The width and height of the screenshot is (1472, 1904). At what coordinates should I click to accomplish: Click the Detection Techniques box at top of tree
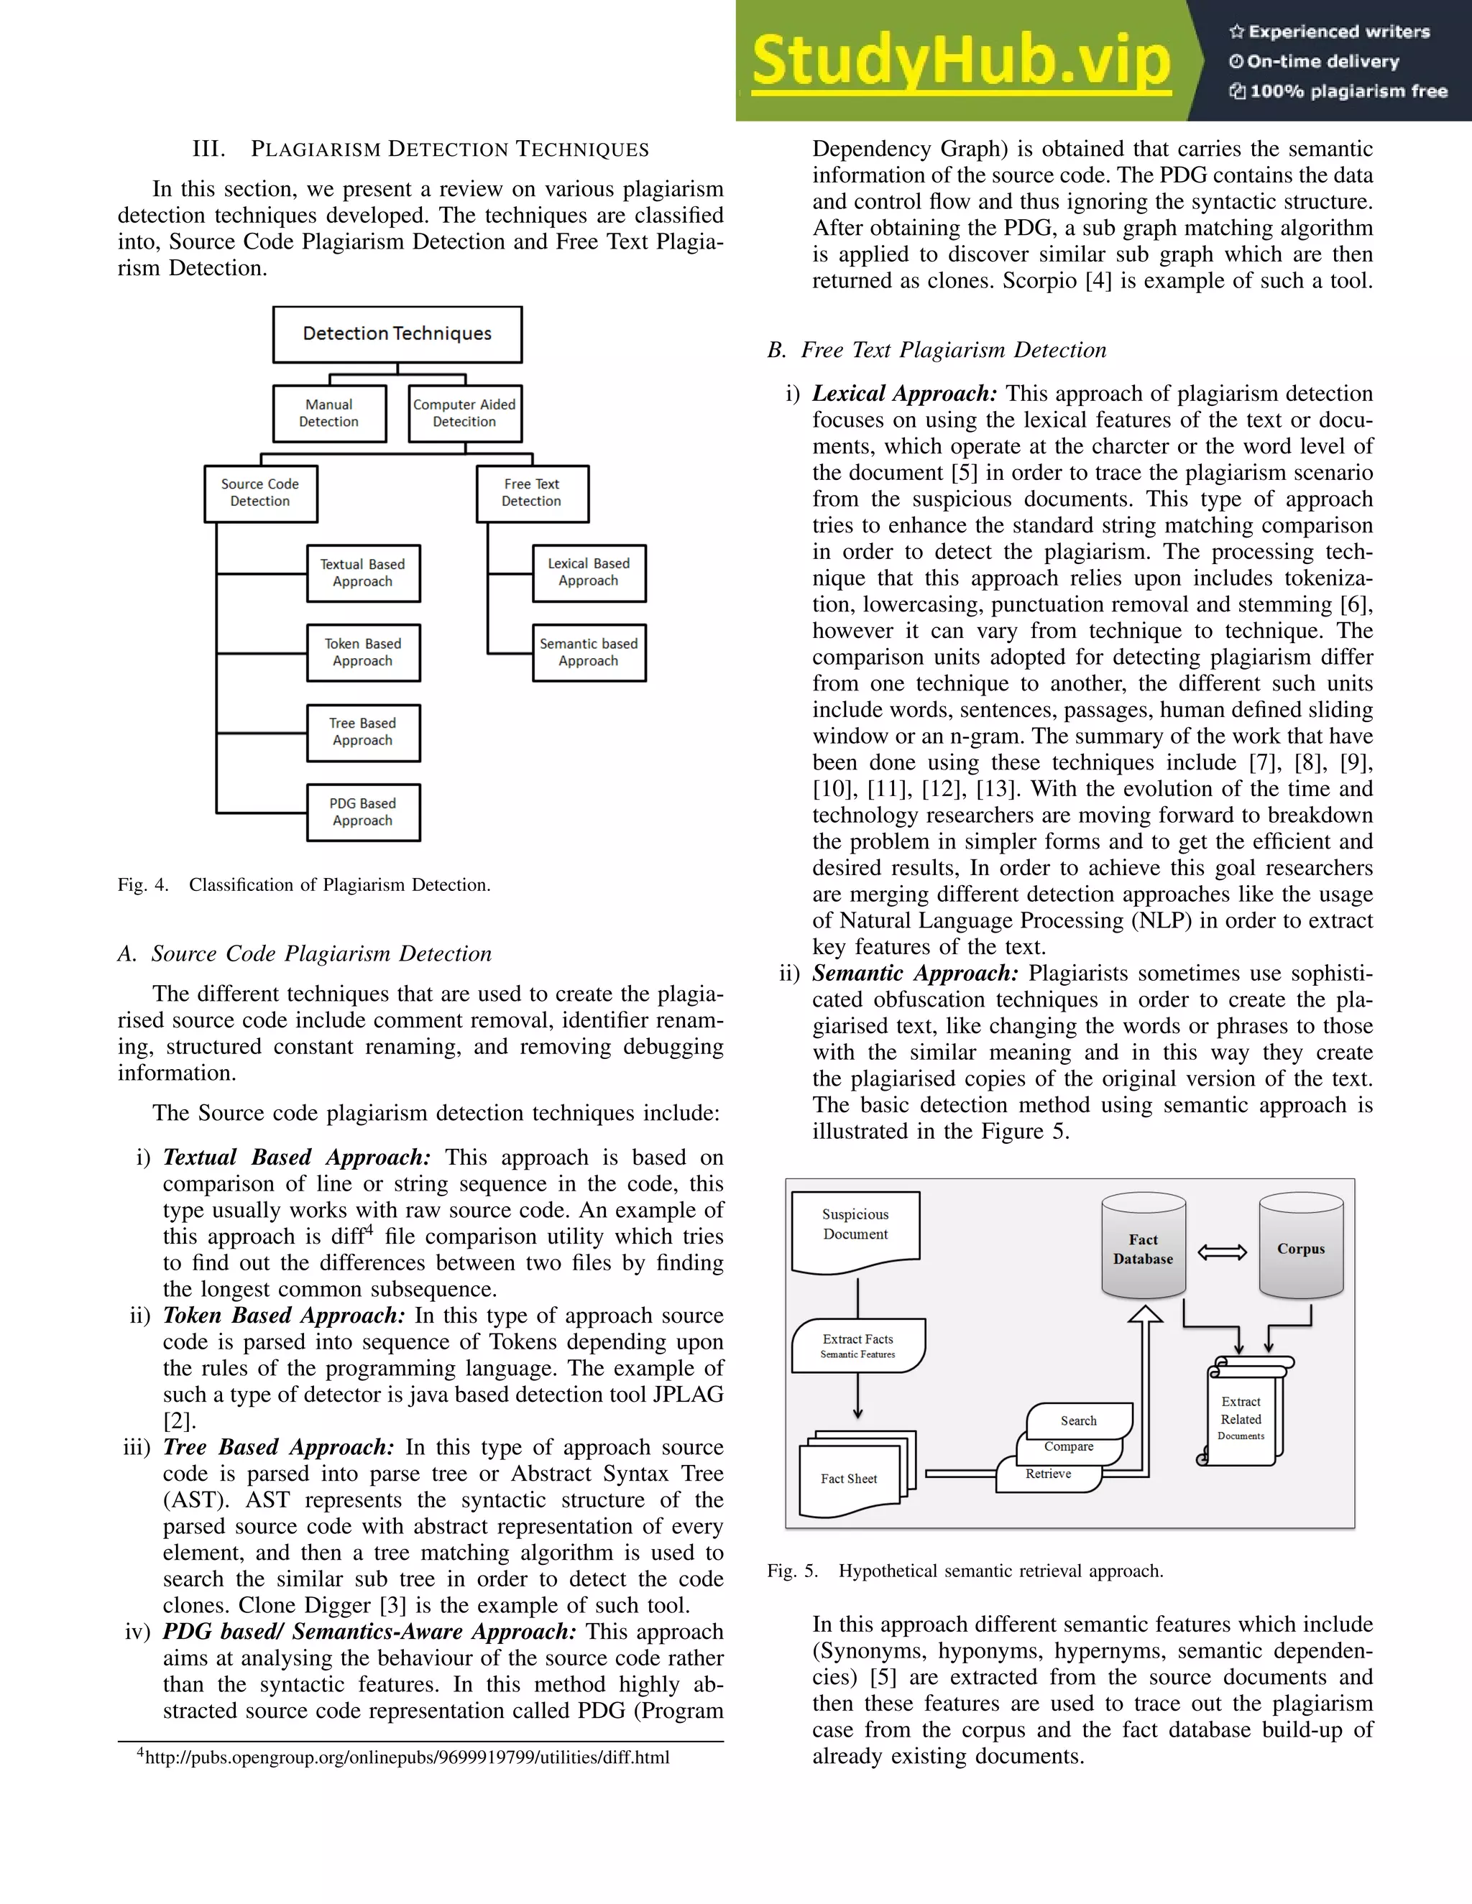click(397, 334)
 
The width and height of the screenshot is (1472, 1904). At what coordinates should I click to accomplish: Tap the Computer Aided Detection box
click(465, 413)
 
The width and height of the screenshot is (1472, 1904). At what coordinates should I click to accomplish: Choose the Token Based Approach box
click(363, 652)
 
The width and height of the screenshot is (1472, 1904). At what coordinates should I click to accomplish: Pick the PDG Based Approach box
click(363, 812)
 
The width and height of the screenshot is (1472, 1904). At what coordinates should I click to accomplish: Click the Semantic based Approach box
click(589, 652)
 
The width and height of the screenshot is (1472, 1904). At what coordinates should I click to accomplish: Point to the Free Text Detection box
click(532, 494)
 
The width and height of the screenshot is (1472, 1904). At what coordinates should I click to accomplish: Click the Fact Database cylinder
click(1142, 1249)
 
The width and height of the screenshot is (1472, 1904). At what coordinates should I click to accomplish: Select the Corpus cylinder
click(1300, 1249)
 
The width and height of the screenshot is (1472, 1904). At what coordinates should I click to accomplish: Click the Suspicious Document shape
click(855, 1229)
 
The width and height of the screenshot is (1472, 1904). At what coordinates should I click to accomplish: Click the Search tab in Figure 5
click(1079, 1420)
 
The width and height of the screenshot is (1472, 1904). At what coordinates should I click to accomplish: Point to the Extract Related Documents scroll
click(1241, 1418)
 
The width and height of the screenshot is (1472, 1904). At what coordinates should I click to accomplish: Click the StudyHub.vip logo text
click(960, 61)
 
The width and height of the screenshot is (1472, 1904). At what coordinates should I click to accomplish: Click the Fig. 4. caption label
click(143, 885)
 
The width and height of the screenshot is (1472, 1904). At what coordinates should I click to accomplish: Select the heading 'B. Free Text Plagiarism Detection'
click(937, 351)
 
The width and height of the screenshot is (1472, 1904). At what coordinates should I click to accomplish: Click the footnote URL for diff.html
click(406, 1757)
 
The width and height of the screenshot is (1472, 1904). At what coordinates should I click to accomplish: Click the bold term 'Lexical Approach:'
click(904, 394)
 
